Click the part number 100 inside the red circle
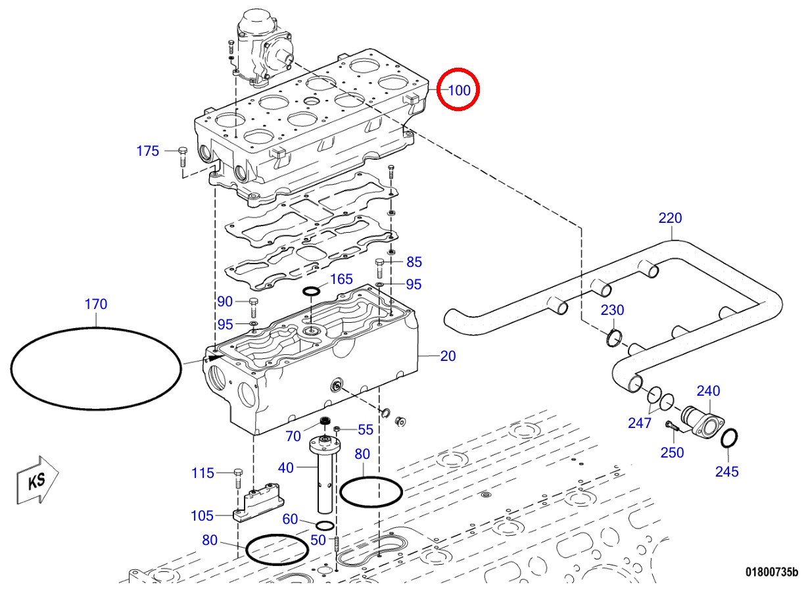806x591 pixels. pyautogui.click(x=459, y=90)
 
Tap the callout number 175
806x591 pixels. pyautogui.click(x=147, y=151)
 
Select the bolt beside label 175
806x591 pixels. pyautogui.click(x=183, y=157)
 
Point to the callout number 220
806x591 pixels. pyautogui.click(x=670, y=218)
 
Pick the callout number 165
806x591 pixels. pyautogui.click(x=341, y=279)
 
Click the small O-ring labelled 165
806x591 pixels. pyautogui.click(x=311, y=291)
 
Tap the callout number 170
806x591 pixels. pyautogui.click(x=96, y=304)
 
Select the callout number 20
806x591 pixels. pyautogui.click(x=448, y=356)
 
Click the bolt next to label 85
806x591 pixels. pyautogui.click(x=380, y=268)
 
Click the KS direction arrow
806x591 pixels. pyautogui.click(x=37, y=480)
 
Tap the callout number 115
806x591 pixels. pyautogui.click(x=202, y=473)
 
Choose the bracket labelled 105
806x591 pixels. pyautogui.click(x=258, y=503)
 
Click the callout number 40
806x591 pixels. pyautogui.click(x=286, y=468)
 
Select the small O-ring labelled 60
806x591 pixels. pyautogui.click(x=325, y=525)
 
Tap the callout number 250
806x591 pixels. pyautogui.click(x=672, y=452)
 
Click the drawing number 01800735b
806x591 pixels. pyautogui.click(x=771, y=582)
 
